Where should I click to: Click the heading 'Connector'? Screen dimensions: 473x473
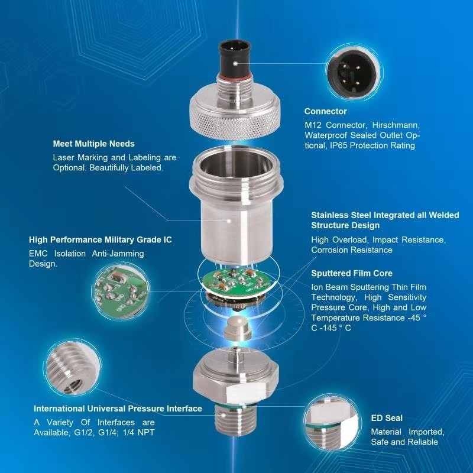[326, 111]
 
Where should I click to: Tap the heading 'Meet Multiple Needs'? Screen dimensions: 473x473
[94, 144]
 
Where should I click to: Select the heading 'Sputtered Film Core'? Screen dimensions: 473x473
[352, 273]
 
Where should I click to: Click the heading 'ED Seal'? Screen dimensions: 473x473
[387, 418]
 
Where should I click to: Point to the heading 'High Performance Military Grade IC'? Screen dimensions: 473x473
[101, 240]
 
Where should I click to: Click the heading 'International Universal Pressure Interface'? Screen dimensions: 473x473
[118, 409]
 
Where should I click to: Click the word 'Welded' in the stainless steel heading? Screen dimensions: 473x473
[444, 215]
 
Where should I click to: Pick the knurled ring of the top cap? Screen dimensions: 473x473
[235, 121]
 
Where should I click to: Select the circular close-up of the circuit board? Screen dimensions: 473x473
[122, 291]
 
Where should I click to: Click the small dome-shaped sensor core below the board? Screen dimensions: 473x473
[238, 328]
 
